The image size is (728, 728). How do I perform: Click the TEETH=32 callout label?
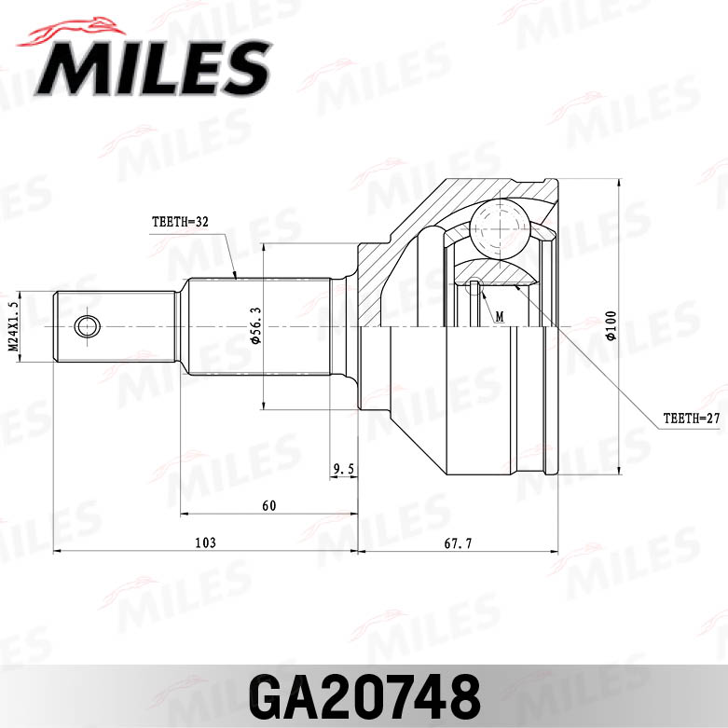179,223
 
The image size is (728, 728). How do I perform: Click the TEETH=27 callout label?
691,419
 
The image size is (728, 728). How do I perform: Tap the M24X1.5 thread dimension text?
14,326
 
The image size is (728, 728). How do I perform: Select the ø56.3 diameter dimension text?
254,327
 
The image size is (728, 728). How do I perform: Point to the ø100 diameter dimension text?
611,326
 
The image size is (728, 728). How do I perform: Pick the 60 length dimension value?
269,506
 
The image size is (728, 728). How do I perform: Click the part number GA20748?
364,694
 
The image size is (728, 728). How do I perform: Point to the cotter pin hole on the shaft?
87,326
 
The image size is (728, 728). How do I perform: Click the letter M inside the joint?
500,317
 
